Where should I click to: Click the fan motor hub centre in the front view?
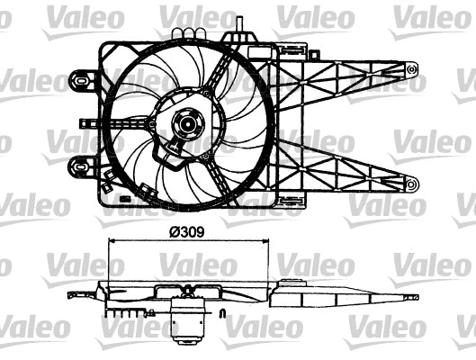point(188,125)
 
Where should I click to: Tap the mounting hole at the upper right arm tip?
point(412,66)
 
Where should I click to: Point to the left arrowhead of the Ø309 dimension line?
point(112,241)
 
